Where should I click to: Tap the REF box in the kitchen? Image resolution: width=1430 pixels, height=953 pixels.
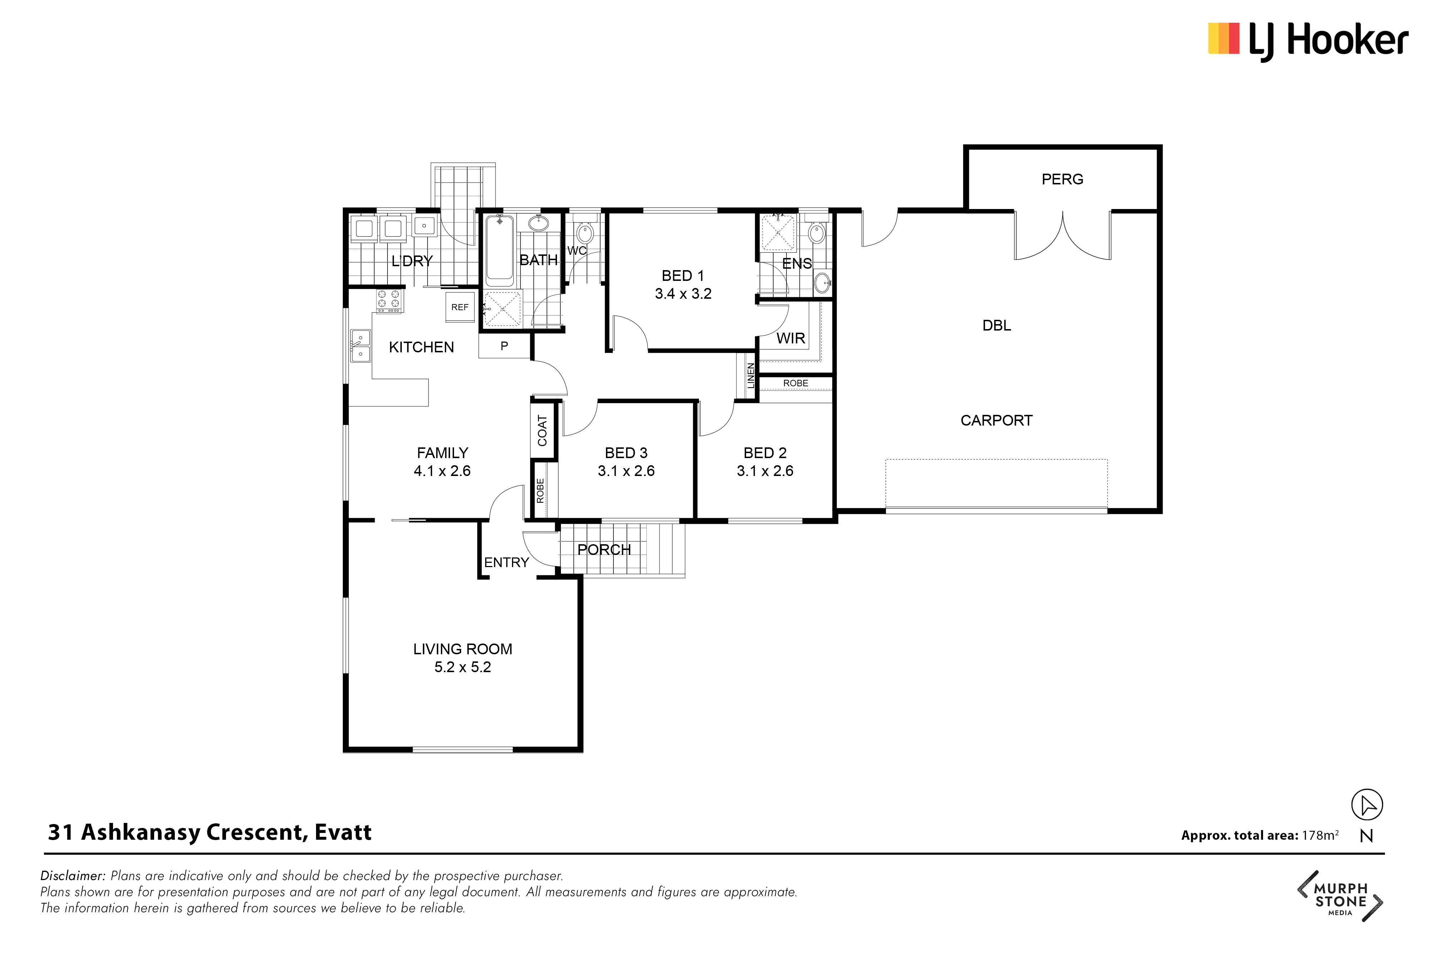[460, 307]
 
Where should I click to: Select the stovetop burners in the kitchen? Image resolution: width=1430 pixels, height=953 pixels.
[389, 300]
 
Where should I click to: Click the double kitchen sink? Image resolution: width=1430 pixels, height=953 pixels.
[361, 346]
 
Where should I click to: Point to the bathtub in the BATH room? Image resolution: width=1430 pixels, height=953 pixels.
[500, 250]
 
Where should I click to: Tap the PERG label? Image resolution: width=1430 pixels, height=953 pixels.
[1062, 179]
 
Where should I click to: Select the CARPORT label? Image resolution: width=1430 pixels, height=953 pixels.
[996, 421]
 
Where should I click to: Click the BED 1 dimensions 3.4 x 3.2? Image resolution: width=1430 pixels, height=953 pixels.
[684, 294]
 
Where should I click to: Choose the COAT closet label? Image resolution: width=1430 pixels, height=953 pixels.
[542, 430]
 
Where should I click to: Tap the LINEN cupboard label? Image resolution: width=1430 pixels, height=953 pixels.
[751, 376]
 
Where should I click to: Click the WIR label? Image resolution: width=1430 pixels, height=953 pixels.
[791, 338]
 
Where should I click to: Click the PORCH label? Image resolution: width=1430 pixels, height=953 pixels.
[604, 550]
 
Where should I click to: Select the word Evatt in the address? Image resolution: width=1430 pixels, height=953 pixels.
[343, 832]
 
